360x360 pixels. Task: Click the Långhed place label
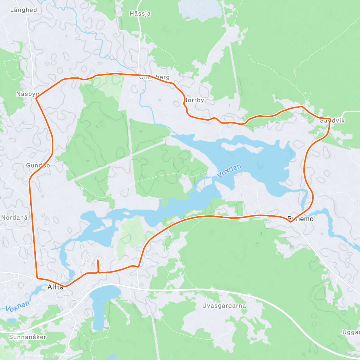click(x=23, y=10)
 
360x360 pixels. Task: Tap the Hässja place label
click(x=140, y=13)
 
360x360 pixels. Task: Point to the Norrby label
click(x=194, y=100)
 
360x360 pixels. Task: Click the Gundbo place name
click(x=38, y=165)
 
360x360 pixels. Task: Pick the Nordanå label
click(x=14, y=217)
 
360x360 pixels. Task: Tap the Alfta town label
click(x=55, y=287)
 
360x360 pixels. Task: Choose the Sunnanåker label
click(x=28, y=337)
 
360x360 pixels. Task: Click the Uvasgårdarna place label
click(x=224, y=306)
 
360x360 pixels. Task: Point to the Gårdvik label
click(x=332, y=121)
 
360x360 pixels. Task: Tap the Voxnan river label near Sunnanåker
click(x=18, y=306)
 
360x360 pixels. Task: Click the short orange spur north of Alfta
click(x=98, y=266)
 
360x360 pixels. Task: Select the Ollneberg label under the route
click(x=154, y=77)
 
